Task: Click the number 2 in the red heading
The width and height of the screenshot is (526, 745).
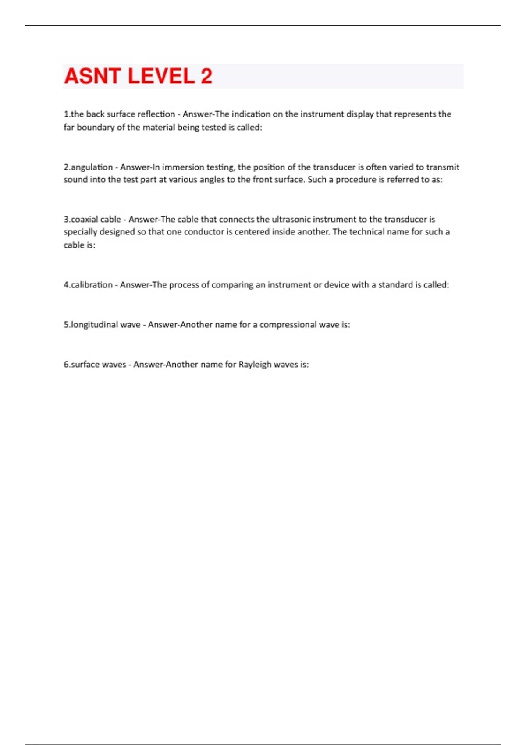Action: (206, 76)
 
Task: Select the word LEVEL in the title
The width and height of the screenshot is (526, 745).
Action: (161, 76)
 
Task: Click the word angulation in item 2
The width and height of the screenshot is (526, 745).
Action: (92, 167)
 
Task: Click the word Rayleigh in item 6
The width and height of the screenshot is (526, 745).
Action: (255, 365)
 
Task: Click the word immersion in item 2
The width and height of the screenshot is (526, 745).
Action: (183, 167)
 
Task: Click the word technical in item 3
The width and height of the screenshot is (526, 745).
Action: (366, 232)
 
